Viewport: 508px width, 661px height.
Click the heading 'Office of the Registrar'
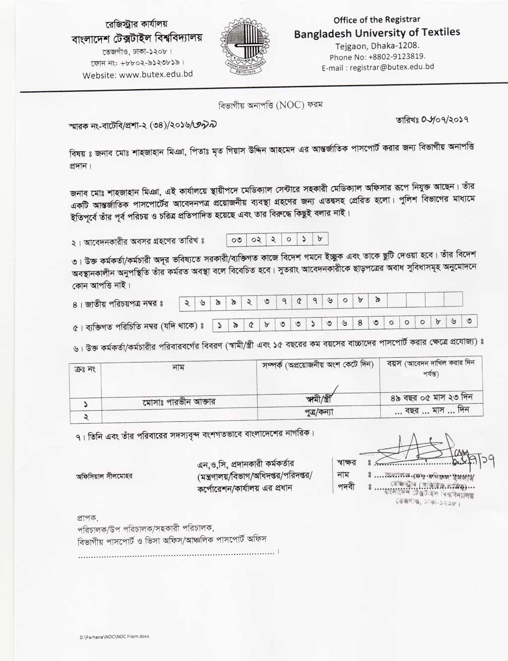[x=377, y=20]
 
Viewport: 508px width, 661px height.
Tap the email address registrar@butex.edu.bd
[x=378, y=67]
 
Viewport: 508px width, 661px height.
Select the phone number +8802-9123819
[x=378, y=57]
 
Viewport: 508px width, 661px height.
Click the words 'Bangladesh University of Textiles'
[x=377, y=33]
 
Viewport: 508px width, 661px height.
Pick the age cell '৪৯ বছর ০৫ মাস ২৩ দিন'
[x=431, y=397]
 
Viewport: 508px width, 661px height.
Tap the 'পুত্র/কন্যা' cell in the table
[x=318, y=412]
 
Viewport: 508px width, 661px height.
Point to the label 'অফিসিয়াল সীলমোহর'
[x=104, y=476]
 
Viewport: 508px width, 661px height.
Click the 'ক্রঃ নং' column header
[x=85, y=369]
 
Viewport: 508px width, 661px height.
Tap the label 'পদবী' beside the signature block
[x=346, y=487]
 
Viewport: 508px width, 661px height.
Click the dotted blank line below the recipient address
[x=176, y=552]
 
